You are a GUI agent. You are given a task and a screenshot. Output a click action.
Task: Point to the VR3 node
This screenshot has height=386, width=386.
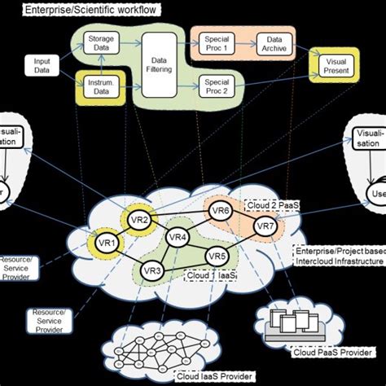(x=152, y=270)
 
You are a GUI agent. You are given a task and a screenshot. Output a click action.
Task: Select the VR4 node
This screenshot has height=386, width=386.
(x=177, y=238)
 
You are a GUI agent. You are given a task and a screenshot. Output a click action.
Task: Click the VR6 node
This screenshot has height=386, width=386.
(x=221, y=210)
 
